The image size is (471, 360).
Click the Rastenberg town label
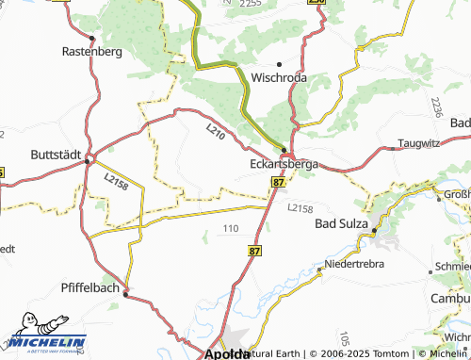[x=92, y=52]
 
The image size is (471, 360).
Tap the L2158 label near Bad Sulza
[x=299, y=207]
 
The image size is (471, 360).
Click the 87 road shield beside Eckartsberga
[x=278, y=180]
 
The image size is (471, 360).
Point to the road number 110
[x=231, y=228]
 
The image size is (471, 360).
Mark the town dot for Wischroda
[x=280, y=63]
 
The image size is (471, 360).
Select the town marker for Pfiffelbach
[x=126, y=293]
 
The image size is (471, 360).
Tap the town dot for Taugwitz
[x=391, y=148]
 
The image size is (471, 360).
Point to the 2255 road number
[x=250, y=5]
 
